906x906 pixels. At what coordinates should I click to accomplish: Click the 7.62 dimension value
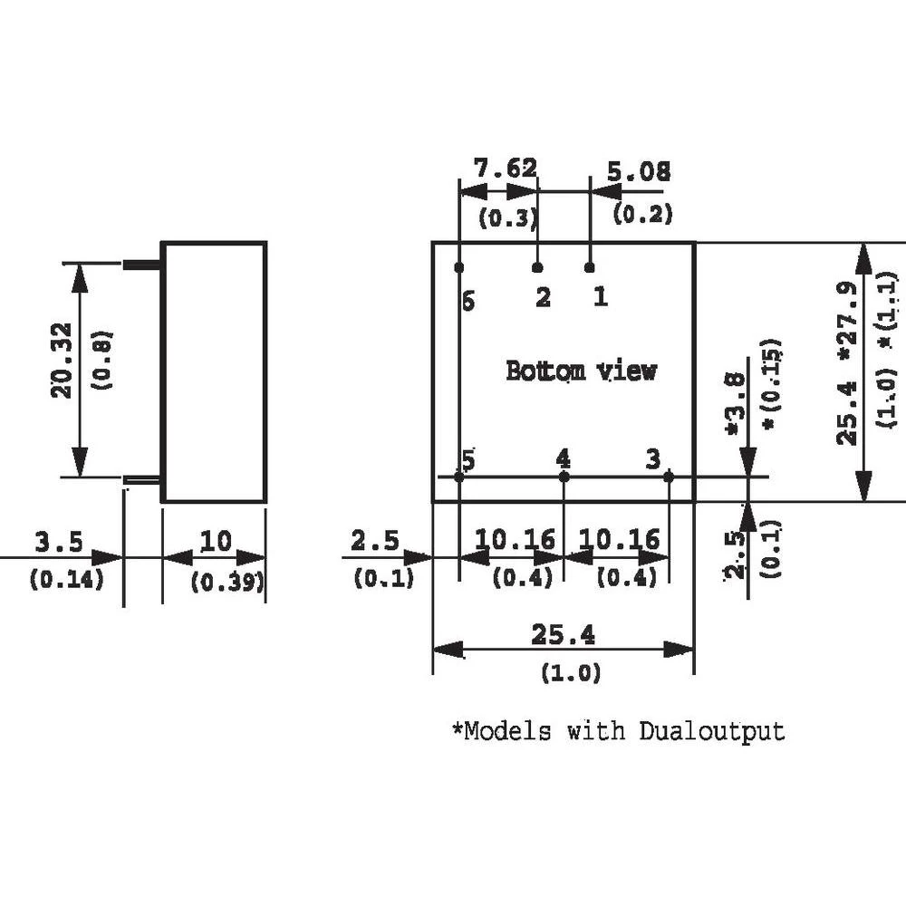pos(506,169)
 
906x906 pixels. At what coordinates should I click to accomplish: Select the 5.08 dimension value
pos(640,171)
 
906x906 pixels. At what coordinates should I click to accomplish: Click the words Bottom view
pos(580,371)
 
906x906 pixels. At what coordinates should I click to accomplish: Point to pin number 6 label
pos(467,302)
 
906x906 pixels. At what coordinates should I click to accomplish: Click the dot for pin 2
pos(537,268)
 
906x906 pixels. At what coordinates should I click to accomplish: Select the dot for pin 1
pos(590,267)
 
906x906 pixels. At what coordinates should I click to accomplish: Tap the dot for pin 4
pos(564,477)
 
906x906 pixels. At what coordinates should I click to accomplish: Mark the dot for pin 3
pos(669,477)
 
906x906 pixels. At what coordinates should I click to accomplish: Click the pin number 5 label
pos(467,460)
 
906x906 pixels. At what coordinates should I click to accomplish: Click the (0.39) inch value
pos(226,582)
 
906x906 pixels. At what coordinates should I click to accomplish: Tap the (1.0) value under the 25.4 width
pos(571,673)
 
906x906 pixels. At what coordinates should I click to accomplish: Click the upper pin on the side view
pos(140,265)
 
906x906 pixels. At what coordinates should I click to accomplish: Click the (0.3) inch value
pos(508,217)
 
